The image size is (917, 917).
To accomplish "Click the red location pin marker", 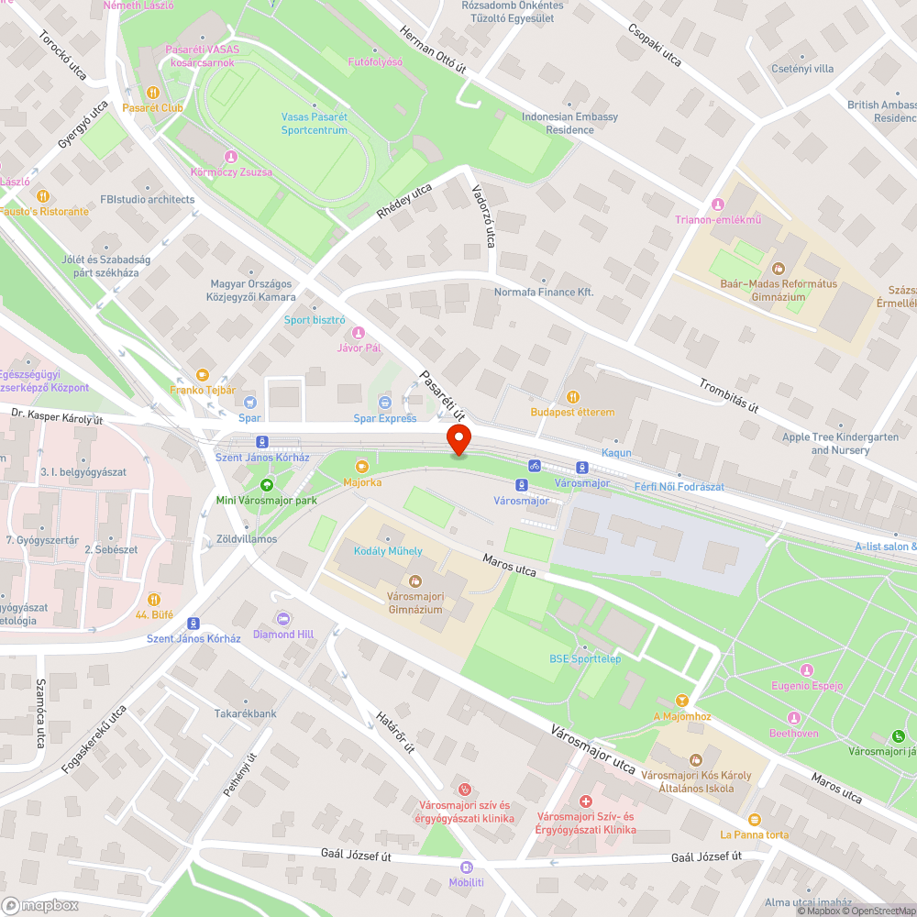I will [x=458, y=439].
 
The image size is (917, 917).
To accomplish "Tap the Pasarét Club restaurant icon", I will [x=152, y=93].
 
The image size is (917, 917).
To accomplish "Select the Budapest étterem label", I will [x=572, y=412].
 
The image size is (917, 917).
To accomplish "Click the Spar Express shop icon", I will [x=385, y=403].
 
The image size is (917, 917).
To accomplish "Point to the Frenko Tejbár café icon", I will [x=203, y=375].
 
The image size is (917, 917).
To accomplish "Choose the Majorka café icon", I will [x=362, y=466].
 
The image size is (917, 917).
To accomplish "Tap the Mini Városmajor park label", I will [x=266, y=500].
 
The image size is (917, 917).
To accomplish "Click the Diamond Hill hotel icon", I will [x=283, y=619].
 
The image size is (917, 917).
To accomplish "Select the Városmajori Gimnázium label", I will [x=414, y=602].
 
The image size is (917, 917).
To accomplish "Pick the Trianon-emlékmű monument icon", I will [x=718, y=204].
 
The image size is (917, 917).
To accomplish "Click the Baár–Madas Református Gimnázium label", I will [x=779, y=290].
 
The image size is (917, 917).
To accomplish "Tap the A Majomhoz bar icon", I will [x=681, y=701].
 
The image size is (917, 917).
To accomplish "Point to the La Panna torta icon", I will [x=754, y=819].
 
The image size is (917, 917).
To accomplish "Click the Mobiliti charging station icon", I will [x=466, y=867].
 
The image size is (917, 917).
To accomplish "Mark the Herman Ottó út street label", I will [x=434, y=50].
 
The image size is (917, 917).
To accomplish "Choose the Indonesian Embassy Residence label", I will [x=569, y=123].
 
